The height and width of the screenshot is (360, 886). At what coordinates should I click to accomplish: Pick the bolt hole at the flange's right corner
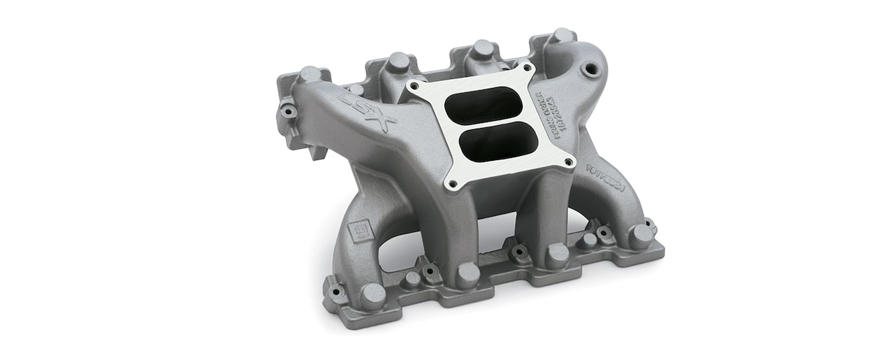pos(569,162)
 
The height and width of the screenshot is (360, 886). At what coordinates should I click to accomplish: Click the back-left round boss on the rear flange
pos(310,74)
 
